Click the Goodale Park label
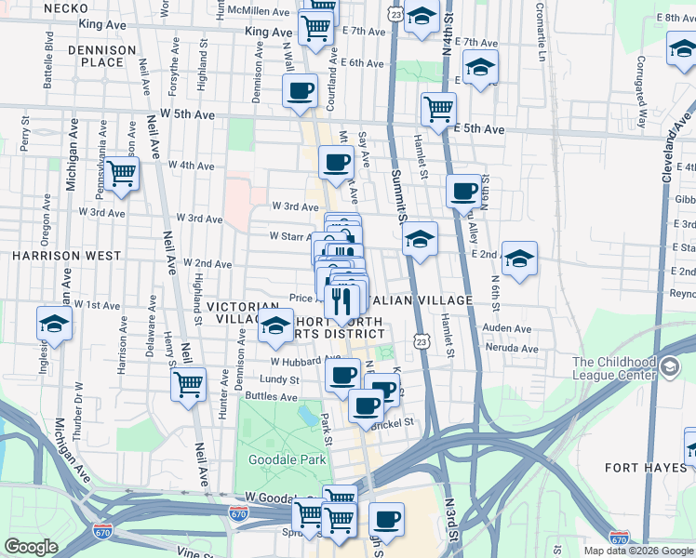(x=288, y=459)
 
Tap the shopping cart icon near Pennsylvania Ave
(x=121, y=173)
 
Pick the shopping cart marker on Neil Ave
(x=189, y=382)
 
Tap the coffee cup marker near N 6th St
(x=463, y=192)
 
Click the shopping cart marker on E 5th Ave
(x=437, y=108)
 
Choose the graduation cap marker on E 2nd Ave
(x=519, y=257)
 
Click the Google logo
(x=32, y=547)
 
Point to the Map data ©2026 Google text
(x=638, y=551)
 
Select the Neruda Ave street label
(x=512, y=349)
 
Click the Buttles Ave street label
(x=271, y=396)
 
